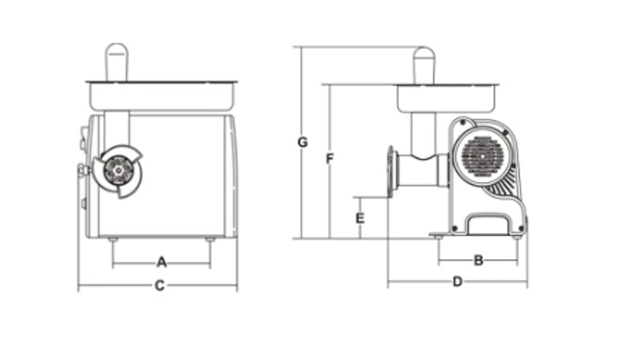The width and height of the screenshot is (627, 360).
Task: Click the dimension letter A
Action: tap(161, 262)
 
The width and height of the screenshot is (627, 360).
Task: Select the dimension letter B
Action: tap(478, 261)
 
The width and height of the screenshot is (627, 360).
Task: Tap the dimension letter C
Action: tap(159, 285)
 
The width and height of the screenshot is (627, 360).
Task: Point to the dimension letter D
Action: tap(458, 282)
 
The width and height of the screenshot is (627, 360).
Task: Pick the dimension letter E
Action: tap(360, 218)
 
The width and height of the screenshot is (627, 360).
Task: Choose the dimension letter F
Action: tap(330, 159)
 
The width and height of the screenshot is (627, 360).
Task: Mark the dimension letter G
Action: tap(303, 142)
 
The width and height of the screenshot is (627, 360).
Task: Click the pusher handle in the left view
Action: tap(117, 62)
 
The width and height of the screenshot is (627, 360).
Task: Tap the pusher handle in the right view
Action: tap(424, 66)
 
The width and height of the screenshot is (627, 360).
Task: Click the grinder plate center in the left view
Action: tap(119, 171)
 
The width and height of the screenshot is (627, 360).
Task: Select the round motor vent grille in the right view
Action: tap(483, 156)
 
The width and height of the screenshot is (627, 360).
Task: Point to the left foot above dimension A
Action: tap(113, 240)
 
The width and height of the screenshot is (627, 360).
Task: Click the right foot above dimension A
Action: tap(210, 240)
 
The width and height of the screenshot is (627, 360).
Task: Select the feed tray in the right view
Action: tap(446, 98)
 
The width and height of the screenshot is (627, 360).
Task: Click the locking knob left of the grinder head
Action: tap(83, 170)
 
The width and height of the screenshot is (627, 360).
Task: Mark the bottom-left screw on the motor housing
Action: tap(454, 229)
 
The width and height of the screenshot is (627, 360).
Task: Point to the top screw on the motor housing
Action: tap(463, 122)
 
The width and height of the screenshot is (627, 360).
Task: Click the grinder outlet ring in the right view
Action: tap(391, 171)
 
